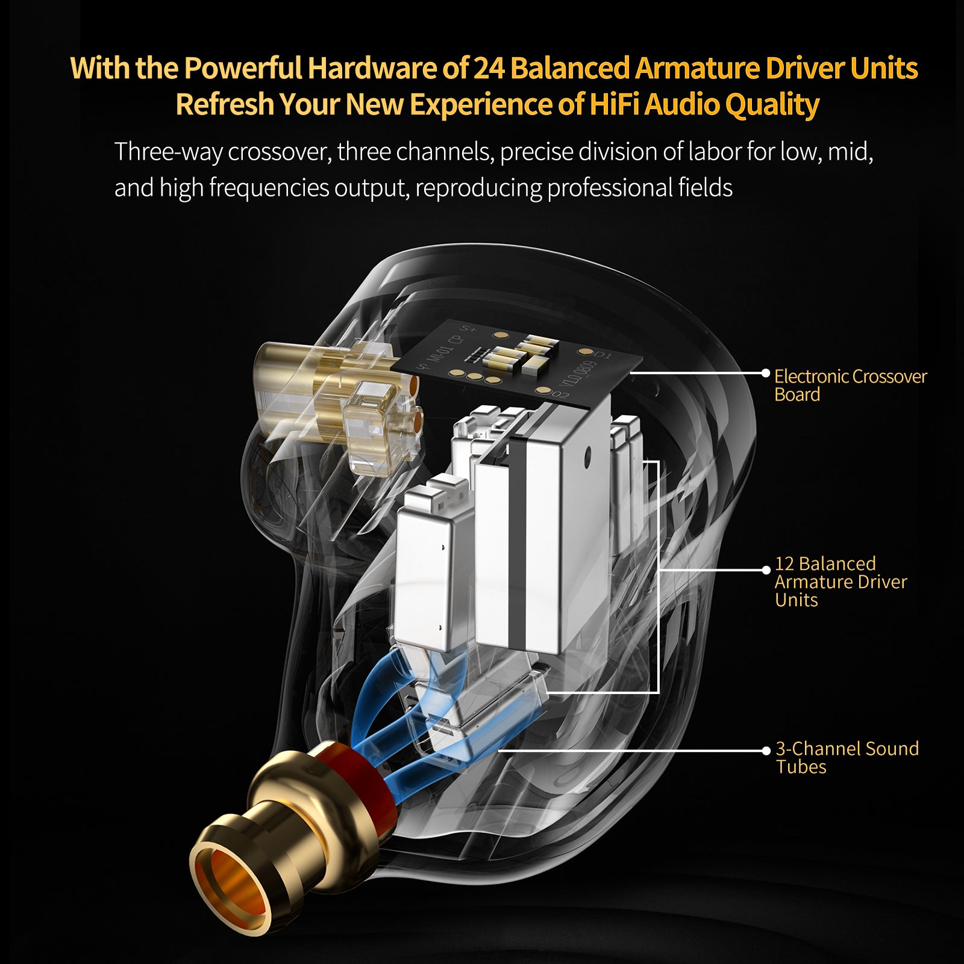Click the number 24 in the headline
[x=489, y=68]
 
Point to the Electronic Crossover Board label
[x=850, y=385]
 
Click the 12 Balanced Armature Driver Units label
[x=840, y=581]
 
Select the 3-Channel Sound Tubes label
[x=846, y=757]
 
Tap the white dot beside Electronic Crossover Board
[x=766, y=374]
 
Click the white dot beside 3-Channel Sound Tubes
[x=766, y=751]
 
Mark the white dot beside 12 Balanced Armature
[x=766, y=569]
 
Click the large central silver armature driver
[x=542, y=530]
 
